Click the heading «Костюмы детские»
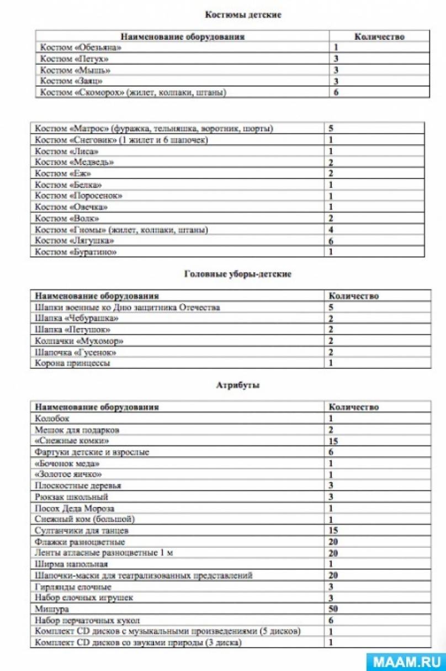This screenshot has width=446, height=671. click(243, 15)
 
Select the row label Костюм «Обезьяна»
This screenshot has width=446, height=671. click(81, 47)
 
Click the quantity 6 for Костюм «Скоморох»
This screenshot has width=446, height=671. click(336, 92)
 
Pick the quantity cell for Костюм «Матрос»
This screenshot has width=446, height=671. click(331, 129)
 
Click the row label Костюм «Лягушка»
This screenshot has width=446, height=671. click(75, 241)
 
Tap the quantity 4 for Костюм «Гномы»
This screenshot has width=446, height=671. click(331, 230)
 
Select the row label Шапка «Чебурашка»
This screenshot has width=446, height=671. click(77, 319)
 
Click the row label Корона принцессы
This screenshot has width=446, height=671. click(72, 363)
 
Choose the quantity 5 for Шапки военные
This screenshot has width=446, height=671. click(331, 308)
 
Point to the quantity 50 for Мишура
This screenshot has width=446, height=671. click(333, 609)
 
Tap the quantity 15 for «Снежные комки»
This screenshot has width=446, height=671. click(333, 441)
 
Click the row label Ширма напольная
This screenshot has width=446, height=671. click(71, 564)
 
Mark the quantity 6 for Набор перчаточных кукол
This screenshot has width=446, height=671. click(331, 620)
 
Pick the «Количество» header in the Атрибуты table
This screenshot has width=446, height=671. click(354, 407)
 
